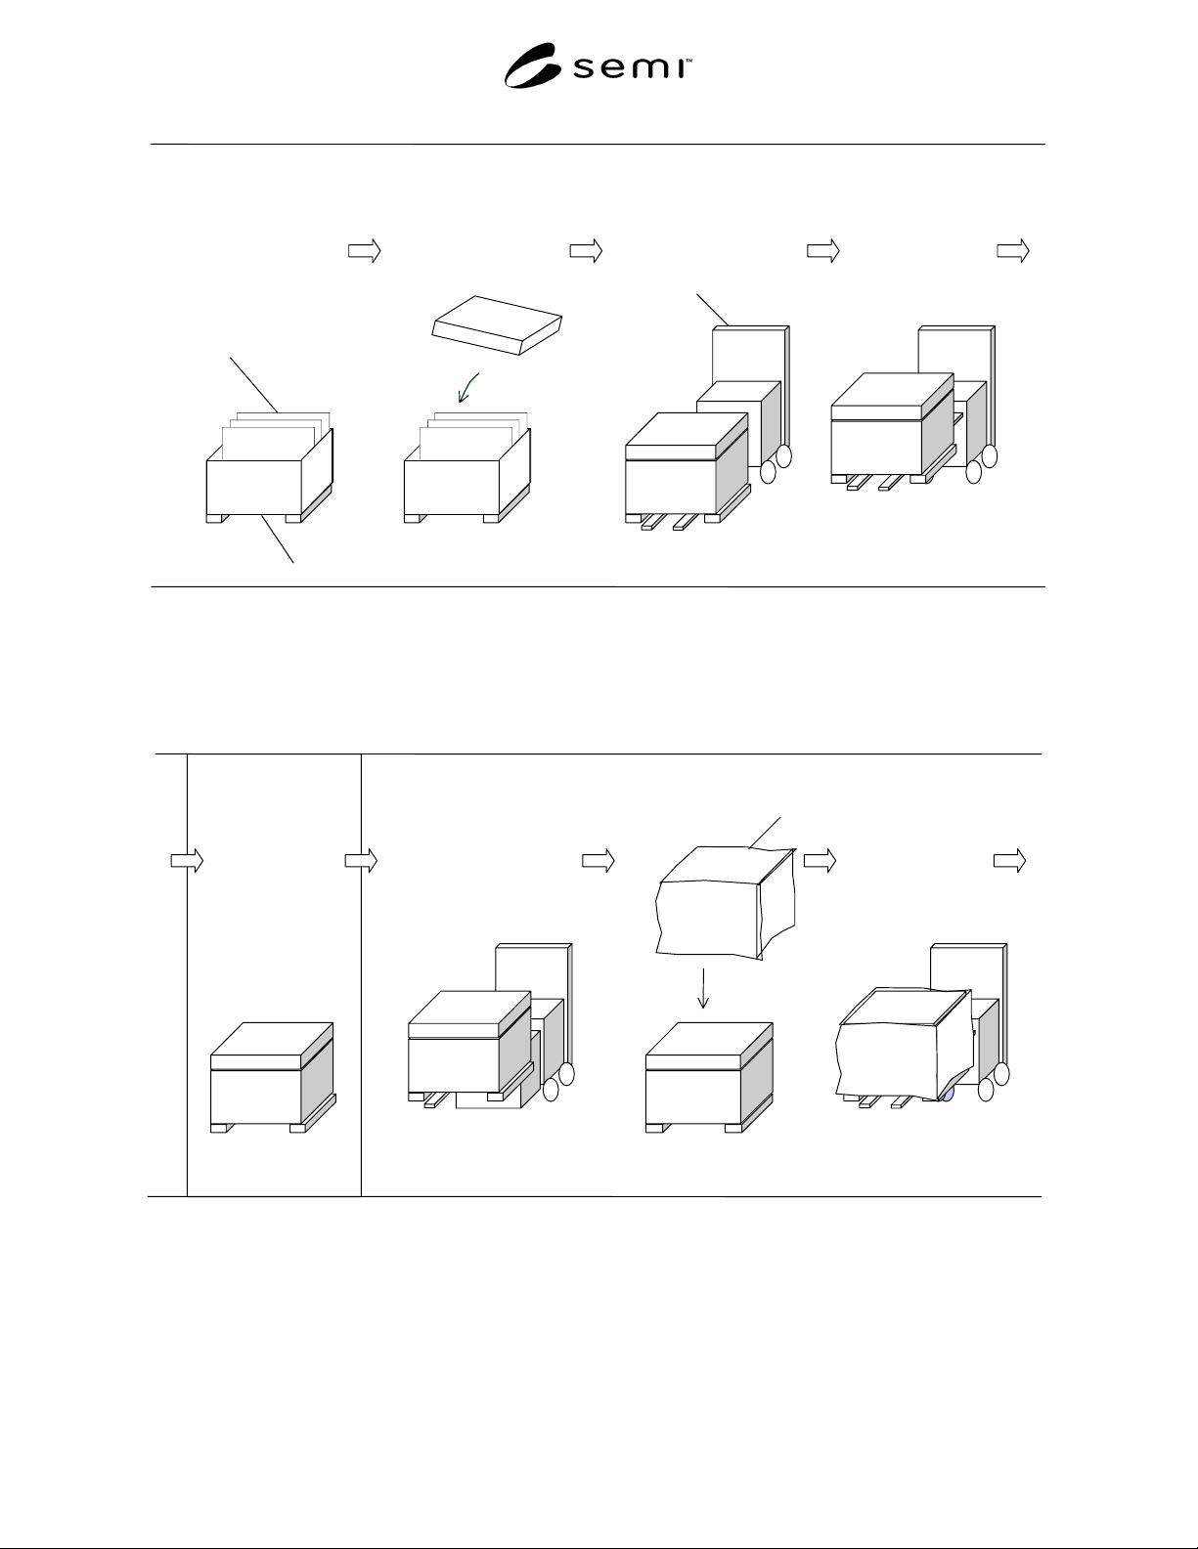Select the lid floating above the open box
(497, 325)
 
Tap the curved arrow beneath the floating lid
(467, 388)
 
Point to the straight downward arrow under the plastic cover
(703, 988)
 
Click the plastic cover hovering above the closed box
(726, 902)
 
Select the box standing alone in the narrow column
(273, 1077)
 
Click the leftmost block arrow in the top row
(365, 251)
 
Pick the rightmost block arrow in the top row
(1012, 251)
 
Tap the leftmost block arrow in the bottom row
(187, 861)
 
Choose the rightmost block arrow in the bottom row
(1009, 861)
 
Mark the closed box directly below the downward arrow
(709, 1077)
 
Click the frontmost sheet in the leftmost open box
(264, 444)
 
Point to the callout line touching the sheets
(254, 385)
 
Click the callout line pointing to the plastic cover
(765, 833)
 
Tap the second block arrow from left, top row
(586, 251)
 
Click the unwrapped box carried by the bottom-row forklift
(470, 1050)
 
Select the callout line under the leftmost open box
(278, 538)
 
